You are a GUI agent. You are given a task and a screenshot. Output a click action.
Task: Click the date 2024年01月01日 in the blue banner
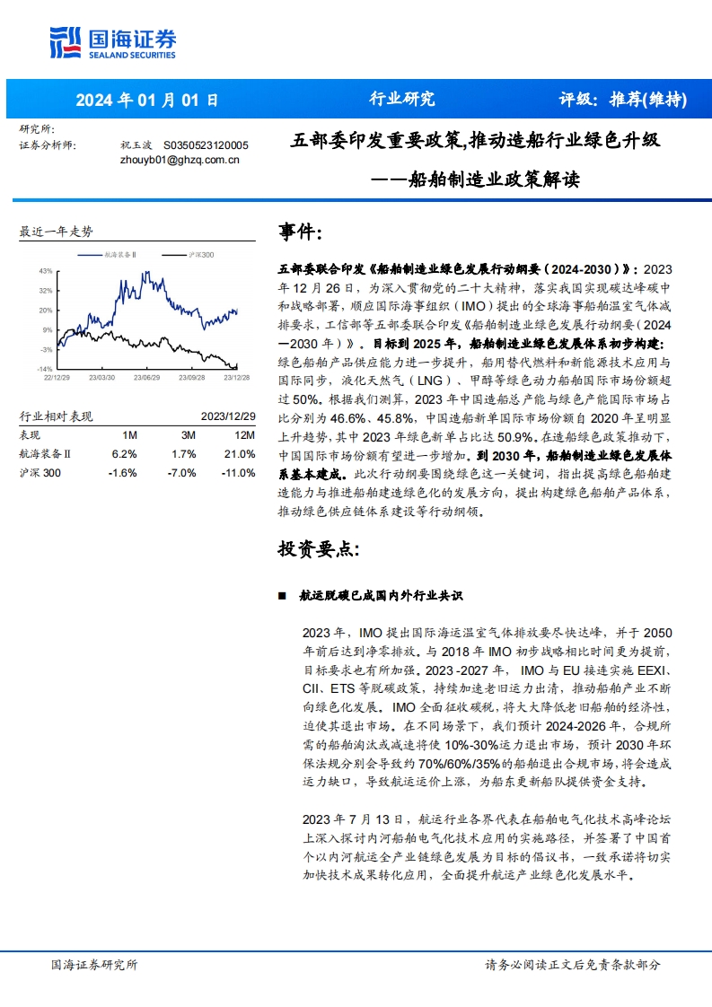click(146, 100)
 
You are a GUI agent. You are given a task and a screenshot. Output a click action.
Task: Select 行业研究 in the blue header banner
click(401, 100)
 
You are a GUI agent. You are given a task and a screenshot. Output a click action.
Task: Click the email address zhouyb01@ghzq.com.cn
click(179, 160)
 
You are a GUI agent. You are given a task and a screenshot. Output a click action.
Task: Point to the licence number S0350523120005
click(206, 144)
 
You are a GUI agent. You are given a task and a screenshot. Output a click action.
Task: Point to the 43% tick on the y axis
click(45, 270)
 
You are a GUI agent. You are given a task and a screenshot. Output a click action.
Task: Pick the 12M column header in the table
click(243, 434)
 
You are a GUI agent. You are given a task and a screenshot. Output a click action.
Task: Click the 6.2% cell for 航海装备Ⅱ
click(124, 454)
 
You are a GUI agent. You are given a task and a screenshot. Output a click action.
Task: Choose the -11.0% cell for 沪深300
click(239, 473)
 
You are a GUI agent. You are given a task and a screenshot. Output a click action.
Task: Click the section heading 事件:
click(301, 233)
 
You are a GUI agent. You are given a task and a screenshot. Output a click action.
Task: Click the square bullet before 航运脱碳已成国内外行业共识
click(282, 596)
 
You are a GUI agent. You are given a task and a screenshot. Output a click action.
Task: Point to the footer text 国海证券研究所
click(94, 965)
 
